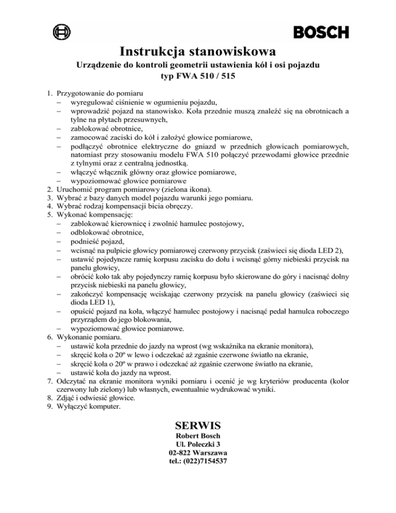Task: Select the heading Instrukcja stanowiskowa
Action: click(198, 52)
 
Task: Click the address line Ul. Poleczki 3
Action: click(198, 443)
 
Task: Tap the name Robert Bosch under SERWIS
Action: click(198, 435)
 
